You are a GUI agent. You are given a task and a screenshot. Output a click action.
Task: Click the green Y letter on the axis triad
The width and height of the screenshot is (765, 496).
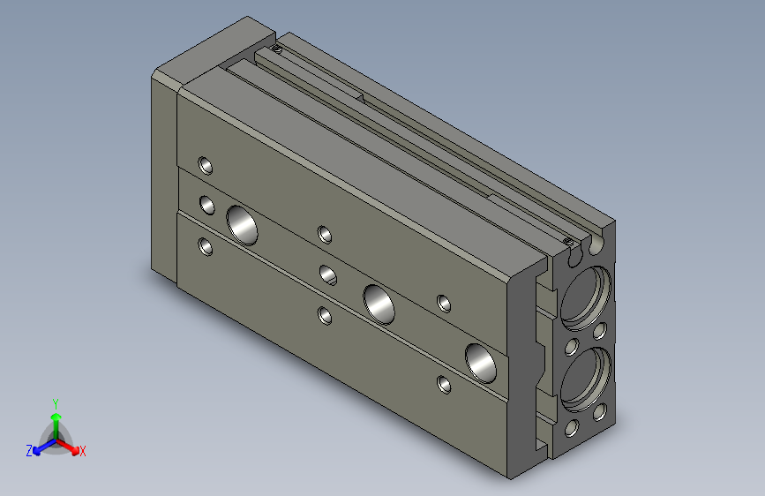55,402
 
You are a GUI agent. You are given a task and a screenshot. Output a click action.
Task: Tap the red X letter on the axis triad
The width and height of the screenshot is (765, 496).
83,452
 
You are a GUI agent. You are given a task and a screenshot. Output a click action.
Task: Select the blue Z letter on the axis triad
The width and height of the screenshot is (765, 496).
29,451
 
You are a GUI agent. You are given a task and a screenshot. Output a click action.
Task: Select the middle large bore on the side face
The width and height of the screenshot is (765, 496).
379,303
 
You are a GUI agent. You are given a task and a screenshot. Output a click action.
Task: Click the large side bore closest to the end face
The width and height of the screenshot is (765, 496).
483,361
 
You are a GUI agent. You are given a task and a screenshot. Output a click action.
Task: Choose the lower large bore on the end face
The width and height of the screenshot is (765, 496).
584,378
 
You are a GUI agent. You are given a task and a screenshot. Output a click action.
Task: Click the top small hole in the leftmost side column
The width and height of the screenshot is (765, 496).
206,165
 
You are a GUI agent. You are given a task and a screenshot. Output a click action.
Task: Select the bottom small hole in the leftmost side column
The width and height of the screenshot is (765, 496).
206,246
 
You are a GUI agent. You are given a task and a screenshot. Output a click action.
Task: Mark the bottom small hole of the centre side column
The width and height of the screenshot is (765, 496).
326,314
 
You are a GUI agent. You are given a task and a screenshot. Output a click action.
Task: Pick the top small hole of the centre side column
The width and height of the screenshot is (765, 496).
326,234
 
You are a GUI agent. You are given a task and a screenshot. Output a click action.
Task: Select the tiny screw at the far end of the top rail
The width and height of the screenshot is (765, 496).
277,49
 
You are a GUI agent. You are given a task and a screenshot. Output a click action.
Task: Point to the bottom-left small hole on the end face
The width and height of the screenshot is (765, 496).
571,429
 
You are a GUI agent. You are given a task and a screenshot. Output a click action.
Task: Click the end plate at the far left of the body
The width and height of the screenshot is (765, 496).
164,177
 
